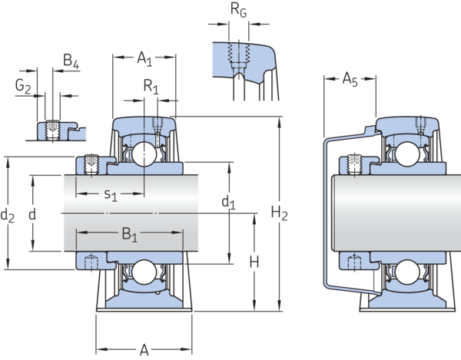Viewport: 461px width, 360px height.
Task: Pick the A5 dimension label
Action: (x=350, y=79)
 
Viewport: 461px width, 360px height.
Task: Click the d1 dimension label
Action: (x=228, y=205)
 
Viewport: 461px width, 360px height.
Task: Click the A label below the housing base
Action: (x=144, y=351)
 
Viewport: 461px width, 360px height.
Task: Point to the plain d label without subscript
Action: (x=31, y=216)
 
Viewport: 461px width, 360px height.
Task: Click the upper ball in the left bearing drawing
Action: (x=144, y=156)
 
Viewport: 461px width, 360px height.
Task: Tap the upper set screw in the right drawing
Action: (x=355, y=163)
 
